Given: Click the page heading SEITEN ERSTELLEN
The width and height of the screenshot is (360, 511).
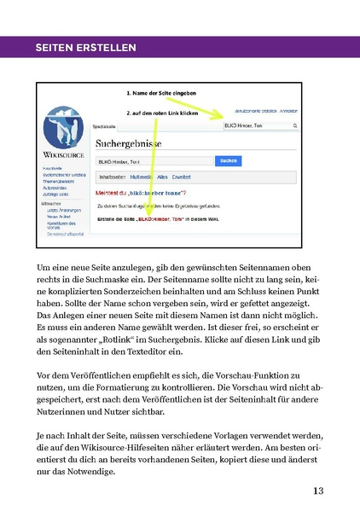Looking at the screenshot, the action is (x=84, y=48).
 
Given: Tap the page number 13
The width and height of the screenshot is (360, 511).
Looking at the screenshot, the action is (x=318, y=490).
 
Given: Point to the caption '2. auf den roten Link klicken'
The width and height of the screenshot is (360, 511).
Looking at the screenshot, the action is (x=162, y=113).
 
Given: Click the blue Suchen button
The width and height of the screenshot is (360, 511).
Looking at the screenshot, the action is (x=225, y=160).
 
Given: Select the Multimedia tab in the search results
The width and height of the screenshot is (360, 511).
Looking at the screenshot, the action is (x=142, y=177).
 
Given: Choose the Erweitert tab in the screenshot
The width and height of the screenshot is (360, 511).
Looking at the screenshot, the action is (x=181, y=177).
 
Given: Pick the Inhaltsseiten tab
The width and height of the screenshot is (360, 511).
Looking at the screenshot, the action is (x=113, y=177).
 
